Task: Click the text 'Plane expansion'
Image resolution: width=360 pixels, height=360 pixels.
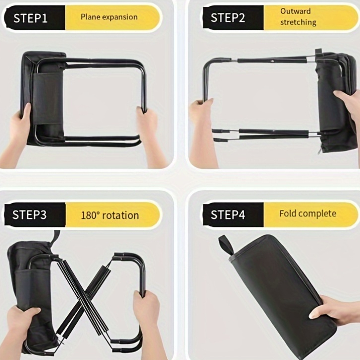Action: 109,17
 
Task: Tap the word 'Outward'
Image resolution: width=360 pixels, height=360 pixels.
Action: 295,11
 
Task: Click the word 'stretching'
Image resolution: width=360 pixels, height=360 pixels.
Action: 298,22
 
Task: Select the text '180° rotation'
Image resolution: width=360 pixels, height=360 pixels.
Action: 110,215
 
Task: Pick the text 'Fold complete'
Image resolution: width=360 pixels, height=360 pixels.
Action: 308,213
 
